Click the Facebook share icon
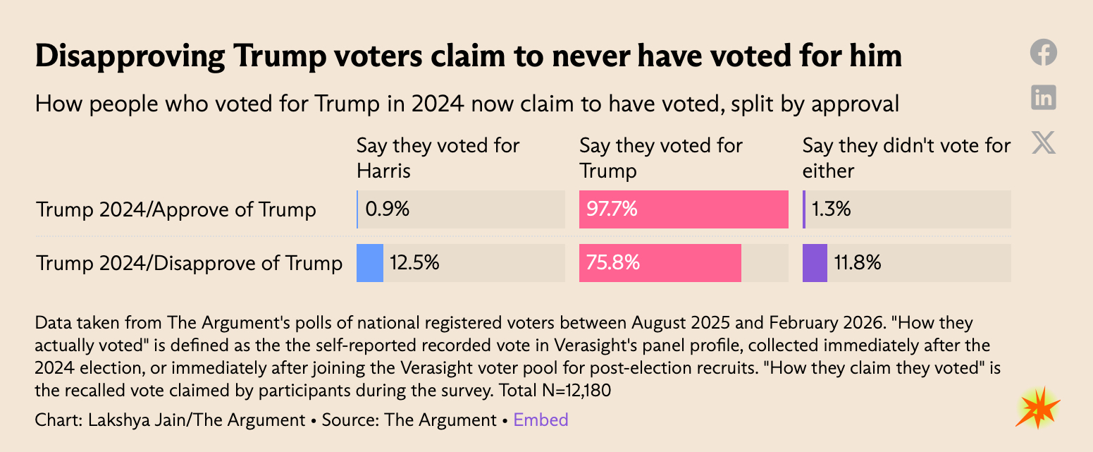coord(1044,53)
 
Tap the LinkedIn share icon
coord(1044,97)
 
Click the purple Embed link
coord(541,420)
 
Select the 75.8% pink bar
coord(660,263)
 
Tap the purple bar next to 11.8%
coord(815,263)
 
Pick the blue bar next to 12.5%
coord(369,263)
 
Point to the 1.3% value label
coord(830,209)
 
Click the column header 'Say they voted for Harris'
coord(438,158)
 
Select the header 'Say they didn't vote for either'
coord(906,158)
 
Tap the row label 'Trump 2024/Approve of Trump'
coord(176,209)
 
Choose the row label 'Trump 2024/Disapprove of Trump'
coord(190,263)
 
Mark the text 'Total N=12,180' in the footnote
coord(555,390)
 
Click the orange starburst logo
coord(1037,408)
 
